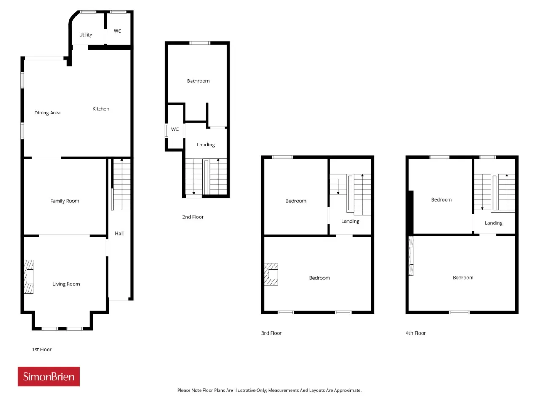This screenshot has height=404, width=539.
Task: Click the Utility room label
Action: pos(85,35)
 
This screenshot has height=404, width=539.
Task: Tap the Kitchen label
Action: pos(101,109)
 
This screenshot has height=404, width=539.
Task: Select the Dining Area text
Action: pos(48,113)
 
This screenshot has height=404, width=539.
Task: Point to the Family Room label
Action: pos(64,201)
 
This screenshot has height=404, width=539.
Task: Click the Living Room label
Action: pos(66,284)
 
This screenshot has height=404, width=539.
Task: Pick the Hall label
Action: pos(119,234)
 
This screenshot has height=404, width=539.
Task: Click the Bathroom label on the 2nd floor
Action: pos(198,81)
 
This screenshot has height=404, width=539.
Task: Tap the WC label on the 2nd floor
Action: pos(175,129)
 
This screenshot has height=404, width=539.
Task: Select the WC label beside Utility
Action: pos(117,31)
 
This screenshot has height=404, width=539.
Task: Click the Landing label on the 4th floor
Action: pos(494,223)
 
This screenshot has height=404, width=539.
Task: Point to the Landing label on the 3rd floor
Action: pos(350,221)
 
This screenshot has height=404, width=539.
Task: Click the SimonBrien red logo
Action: pos(48,377)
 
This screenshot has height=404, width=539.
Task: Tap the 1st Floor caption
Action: pos(42,350)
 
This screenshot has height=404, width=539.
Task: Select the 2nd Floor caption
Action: pos(193,217)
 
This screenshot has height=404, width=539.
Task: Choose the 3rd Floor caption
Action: pos(271,333)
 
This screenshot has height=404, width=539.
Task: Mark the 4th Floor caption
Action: pos(416,333)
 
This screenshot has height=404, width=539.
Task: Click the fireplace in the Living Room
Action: pos(29,276)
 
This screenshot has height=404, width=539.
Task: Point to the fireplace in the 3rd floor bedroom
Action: pos(271,274)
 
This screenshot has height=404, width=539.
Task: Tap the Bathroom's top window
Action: pos(200,43)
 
